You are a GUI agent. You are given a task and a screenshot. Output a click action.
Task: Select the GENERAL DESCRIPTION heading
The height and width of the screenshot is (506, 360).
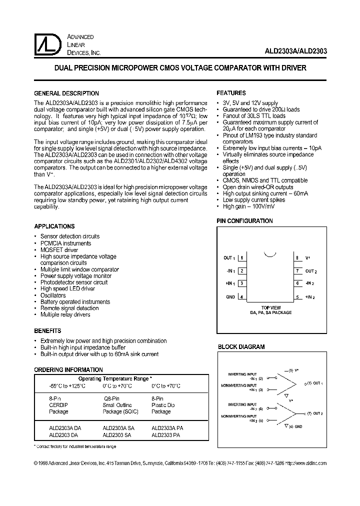pos(66,93)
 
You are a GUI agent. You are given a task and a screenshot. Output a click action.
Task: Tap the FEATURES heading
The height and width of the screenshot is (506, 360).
pos(231,93)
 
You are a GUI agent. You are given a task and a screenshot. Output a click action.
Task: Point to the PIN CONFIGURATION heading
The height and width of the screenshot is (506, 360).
pos(244,221)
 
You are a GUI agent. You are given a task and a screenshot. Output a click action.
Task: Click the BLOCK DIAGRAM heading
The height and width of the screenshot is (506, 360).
pos(241,346)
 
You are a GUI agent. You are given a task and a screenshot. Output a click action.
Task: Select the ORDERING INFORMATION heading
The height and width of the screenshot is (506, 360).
pos(68,369)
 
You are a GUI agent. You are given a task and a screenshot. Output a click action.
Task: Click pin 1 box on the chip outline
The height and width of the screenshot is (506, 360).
pos(242,258)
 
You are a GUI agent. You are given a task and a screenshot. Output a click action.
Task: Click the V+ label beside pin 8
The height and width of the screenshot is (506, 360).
pos(308,258)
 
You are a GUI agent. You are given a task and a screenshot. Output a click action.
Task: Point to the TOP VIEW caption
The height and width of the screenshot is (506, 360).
pos(271,307)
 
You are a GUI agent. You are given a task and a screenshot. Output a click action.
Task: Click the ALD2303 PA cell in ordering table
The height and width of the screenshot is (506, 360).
pos(166,435)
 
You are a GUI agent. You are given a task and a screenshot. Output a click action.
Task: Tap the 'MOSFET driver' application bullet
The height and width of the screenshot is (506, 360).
pos(59,250)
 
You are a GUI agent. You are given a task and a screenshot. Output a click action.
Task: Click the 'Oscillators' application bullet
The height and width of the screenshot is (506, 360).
pos(53,295)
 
